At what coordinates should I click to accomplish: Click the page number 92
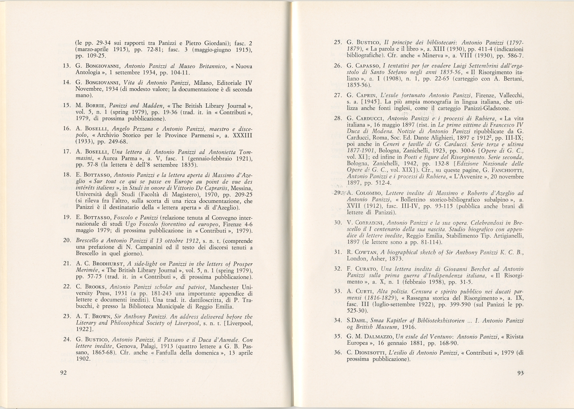point(63,372)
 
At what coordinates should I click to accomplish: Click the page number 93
point(521,372)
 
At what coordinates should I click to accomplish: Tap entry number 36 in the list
point(337,352)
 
